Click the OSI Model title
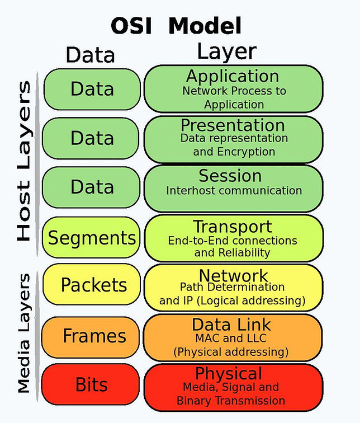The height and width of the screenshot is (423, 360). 176,26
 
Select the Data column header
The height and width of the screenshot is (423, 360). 90,55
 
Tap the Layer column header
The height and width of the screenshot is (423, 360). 226,52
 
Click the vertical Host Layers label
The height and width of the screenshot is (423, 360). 23,161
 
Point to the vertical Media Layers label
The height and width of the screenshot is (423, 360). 23,332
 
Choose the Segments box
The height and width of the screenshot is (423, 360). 92,238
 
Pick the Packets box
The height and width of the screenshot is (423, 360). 93,285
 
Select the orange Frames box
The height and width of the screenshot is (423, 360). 94,336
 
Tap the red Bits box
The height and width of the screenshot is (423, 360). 92,384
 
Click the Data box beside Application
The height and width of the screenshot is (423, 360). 92,89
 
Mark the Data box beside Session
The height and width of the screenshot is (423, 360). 92,187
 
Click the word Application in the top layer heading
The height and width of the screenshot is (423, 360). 233,76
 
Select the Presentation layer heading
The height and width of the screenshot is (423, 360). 233,125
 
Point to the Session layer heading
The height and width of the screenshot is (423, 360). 230,176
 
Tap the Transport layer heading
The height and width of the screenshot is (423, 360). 233,227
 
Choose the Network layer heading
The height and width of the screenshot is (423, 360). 234,275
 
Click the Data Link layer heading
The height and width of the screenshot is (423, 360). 231,325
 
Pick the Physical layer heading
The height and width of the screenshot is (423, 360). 228,373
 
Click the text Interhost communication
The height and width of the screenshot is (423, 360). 234,191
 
